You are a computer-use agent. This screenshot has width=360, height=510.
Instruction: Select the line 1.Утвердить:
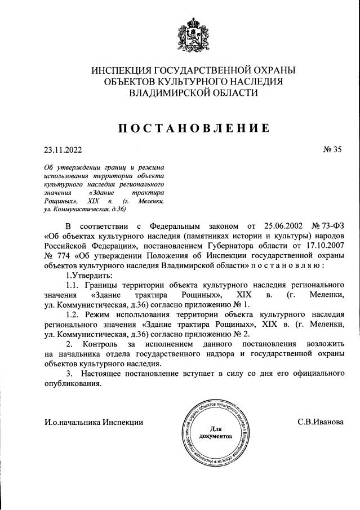point(90,275)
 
